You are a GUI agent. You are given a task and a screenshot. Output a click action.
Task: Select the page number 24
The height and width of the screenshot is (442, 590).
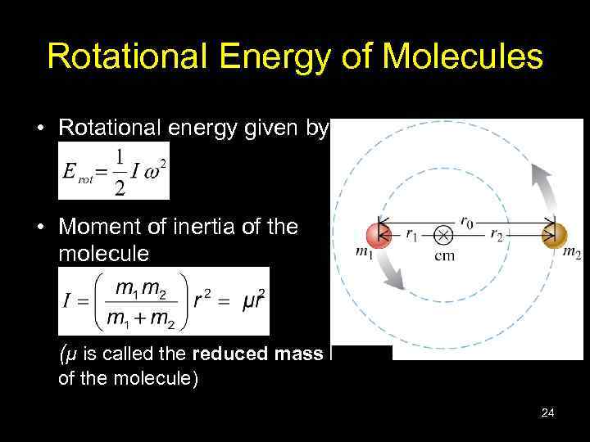547,413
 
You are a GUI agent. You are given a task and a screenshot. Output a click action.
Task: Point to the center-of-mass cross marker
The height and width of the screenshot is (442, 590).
443,235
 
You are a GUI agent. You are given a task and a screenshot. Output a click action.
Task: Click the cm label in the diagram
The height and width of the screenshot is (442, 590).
443,255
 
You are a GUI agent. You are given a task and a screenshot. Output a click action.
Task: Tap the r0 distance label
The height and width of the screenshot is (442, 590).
467,220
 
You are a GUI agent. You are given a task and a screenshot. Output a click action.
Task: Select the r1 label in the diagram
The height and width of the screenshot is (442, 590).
414,234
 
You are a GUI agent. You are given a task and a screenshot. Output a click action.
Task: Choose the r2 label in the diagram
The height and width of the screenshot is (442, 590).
497,234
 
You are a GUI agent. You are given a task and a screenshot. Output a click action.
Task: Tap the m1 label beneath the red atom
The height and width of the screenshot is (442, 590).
364,253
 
